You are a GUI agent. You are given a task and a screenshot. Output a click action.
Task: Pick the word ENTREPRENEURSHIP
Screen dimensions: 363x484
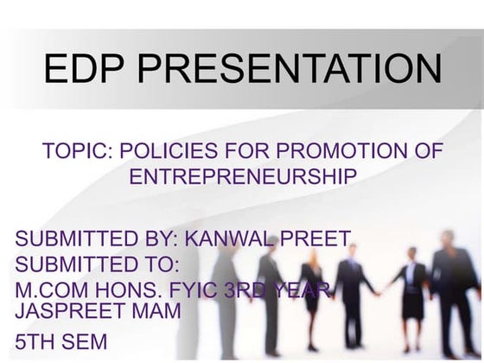click(243, 176)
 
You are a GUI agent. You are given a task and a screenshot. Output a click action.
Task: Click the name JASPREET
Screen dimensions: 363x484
click(72, 310)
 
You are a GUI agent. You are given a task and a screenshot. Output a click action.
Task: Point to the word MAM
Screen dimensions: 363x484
click(156, 310)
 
